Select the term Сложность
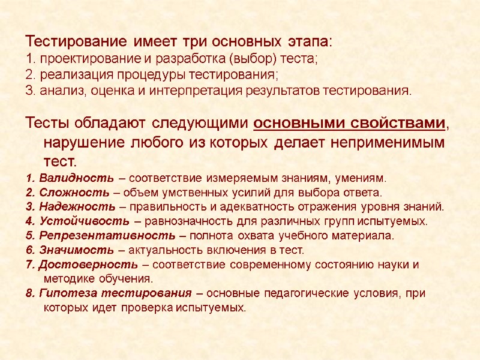(72, 193)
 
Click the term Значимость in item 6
(74, 250)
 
